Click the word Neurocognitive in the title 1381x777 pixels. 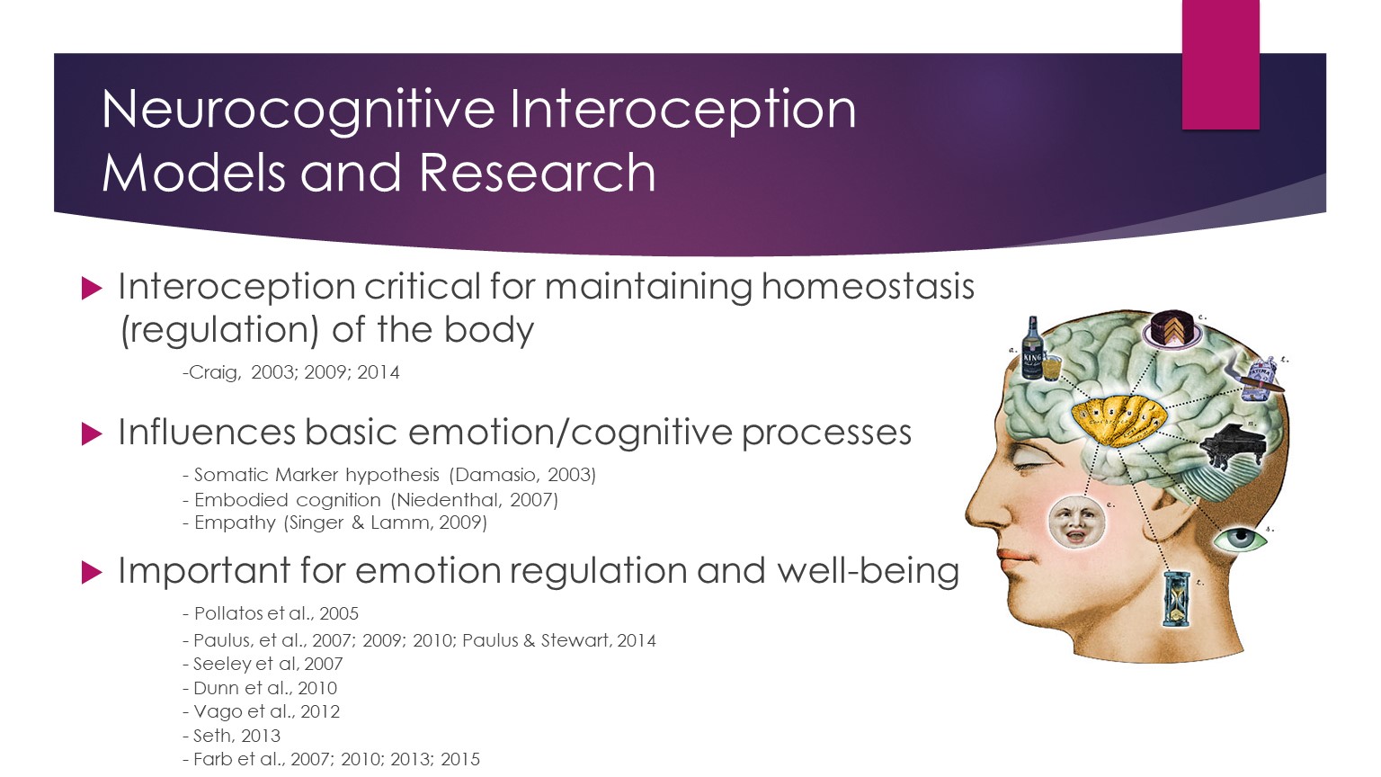pos(298,110)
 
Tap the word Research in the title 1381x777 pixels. pos(537,172)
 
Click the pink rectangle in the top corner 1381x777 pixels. pos(1220,64)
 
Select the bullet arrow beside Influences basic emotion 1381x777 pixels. pos(91,433)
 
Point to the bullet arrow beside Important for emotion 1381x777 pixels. pos(91,572)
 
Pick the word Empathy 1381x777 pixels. pos(235,522)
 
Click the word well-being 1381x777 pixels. pos(868,571)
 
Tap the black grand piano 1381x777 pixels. pos(1231,446)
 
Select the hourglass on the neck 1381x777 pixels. pos(1176,599)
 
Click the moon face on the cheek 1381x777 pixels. pos(1076,522)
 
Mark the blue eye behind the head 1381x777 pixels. pos(1239,540)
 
